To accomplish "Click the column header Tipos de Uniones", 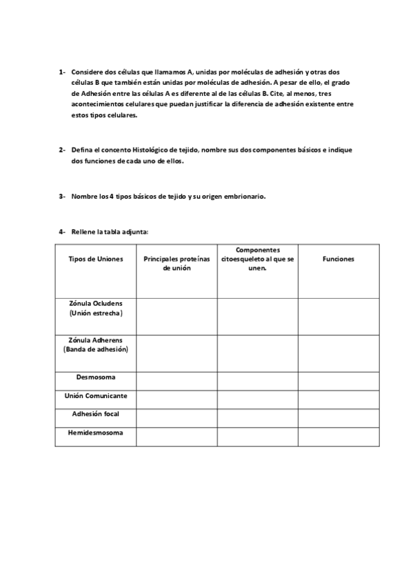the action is pyautogui.click(x=96, y=259).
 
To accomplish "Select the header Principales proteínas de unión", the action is pyautogui.click(x=177, y=264).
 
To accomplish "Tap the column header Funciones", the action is pyautogui.click(x=338, y=259).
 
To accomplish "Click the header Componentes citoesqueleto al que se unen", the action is pyautogui.click(x=258, y=259).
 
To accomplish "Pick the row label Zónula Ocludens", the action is pyautogui.click(x=96, y=308).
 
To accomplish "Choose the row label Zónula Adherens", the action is pyautogui.click(x=96, y=345).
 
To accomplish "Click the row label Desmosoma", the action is pyautogui.click(x=96, y=378).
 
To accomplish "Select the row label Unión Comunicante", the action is pyautogui.click(x=96, y=397).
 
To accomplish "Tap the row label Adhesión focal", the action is pyautogui.click(x=96, y=415).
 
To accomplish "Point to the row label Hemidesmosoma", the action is pyautogui.click(x=96, y=433).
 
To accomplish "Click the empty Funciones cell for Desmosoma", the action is pyautogui.click(x=338, y=380).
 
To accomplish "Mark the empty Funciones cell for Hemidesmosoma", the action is pyautogui.click(x=338, y=436).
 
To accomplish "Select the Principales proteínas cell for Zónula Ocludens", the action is pyautogui.click(x=177, y=316).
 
